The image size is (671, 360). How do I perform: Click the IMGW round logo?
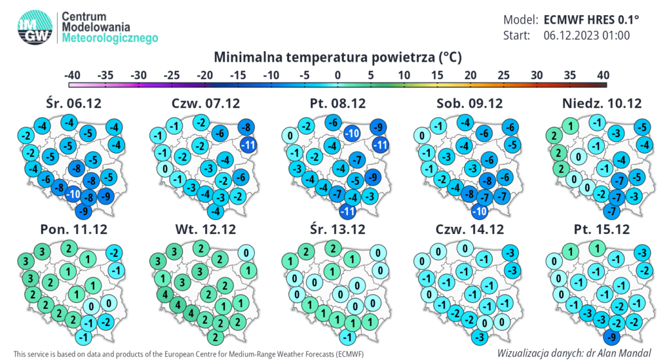click(35, 27)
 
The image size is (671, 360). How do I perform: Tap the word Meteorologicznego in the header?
click(110, 38)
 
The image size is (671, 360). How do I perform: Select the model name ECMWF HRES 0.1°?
click(591, 20)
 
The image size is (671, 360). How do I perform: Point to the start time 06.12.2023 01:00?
click(586, 35)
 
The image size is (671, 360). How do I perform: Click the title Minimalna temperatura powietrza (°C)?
click(337, 57)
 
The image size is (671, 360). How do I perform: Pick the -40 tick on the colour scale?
click(72, 75)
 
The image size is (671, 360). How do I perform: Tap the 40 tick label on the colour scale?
click(603, 75)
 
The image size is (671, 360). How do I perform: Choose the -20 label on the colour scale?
click(204, 75)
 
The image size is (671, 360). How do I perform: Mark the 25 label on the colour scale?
click(503, 75)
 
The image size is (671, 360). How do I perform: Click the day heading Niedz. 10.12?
click(602, 103)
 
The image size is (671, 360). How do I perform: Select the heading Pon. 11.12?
click(73, 230)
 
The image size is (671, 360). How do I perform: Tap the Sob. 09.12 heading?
click(469, 103)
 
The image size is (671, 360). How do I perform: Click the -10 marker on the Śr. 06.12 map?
click(73, 194)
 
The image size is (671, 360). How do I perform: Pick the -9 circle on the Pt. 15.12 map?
click(612, 337)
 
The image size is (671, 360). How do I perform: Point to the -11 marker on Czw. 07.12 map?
click(248, 145)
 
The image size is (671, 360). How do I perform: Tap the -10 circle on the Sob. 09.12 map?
click(479, 211)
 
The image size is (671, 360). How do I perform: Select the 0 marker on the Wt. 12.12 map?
click(246, 253)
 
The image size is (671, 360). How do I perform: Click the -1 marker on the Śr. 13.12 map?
click(348, 337)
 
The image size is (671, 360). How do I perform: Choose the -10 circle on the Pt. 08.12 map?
click(352, 133)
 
